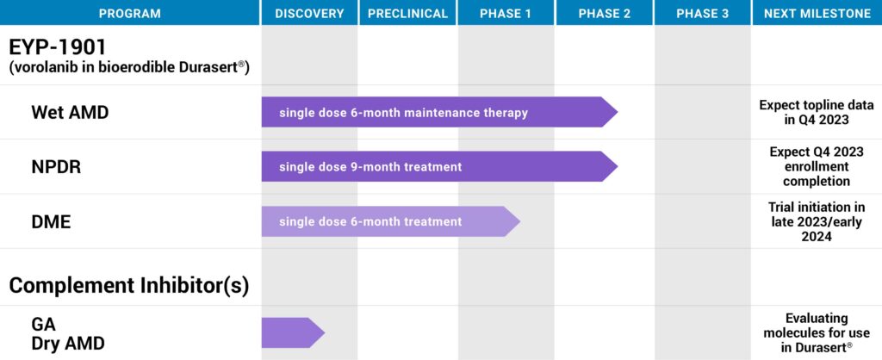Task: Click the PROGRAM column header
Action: pos(130,14)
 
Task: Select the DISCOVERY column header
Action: pos(309,14)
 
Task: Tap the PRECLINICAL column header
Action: pos(407,14)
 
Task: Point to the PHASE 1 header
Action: pos(506,14)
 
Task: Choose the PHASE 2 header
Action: pos(605,14)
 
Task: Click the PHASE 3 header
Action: pos(703,14)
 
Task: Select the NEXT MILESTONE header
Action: pos(817,14)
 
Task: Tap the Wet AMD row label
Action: pos(70,113)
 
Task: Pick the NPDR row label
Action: pos(56,167)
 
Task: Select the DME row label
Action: pos(51,221)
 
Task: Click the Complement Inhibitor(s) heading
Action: pos(129,285)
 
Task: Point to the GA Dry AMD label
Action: pos(68,333)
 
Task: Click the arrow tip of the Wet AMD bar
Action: pos(618,112)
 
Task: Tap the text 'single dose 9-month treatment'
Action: pos(370,167)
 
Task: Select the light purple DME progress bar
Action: pos(390,221)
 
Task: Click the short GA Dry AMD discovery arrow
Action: pos(293,332)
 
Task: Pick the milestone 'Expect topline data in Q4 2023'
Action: pos(817,112)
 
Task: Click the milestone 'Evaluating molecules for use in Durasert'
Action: pos(817,333)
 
